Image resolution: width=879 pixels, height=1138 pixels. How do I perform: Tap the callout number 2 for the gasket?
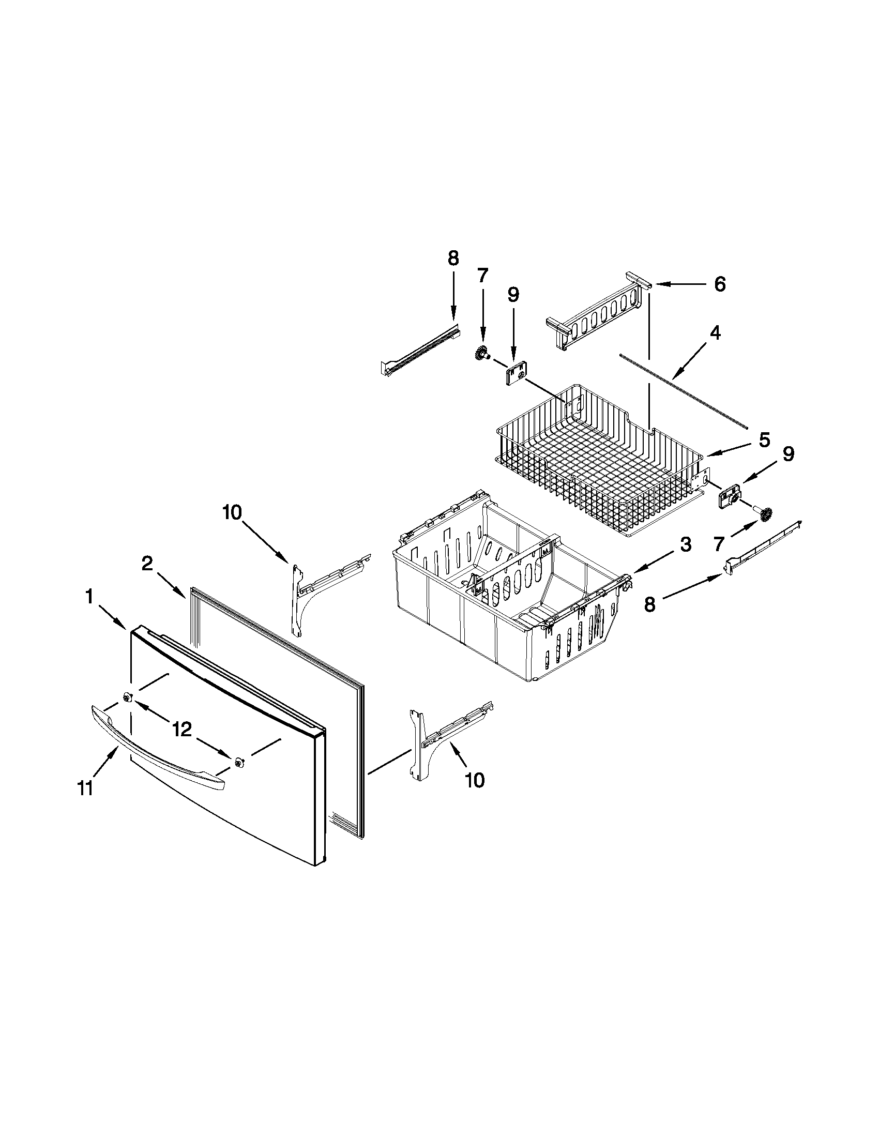[x=147, y=563]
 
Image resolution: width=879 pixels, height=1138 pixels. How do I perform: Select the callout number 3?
[x=686, y=545]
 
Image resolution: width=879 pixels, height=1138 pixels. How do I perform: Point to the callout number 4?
[x=716, y=333]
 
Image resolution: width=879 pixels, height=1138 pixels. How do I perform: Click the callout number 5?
[x=764, y=441]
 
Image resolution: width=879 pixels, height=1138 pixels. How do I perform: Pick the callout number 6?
[x=720, y=284]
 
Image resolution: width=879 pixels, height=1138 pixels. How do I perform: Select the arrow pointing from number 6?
[x=677, y=284]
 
